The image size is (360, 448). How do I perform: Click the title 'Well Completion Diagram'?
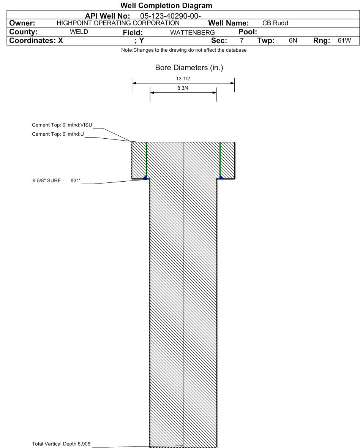point(166,5)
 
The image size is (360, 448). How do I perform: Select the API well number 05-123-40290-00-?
point(171,16)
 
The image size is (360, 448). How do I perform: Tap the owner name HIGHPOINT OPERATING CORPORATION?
point(118,23)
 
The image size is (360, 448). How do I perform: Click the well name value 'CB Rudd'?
point(275,23)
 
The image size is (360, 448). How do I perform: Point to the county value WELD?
point(79,32)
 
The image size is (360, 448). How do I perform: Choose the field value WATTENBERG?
point(193,33)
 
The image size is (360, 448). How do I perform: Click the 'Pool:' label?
point(248,32)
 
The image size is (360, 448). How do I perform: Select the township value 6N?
point(293,41)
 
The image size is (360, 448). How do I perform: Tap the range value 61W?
point(344,41)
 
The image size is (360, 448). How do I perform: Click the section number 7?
point(242,41)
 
